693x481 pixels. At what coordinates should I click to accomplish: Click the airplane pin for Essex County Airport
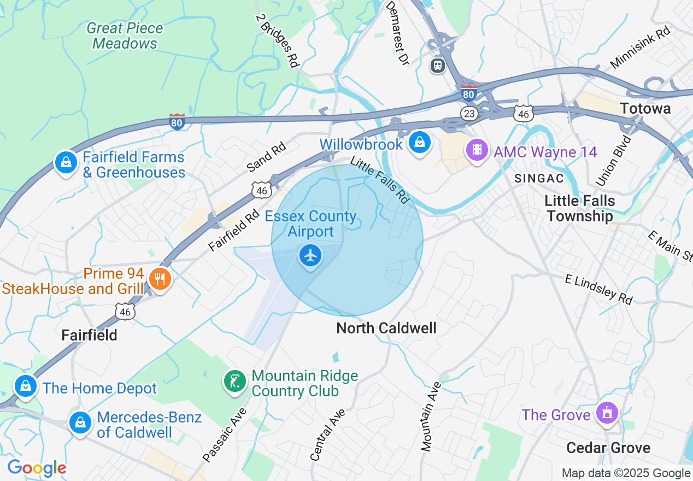310,256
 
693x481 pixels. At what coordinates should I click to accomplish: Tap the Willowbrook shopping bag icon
419,143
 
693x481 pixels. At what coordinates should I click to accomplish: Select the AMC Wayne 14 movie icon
477,150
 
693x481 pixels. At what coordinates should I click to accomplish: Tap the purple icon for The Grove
607,413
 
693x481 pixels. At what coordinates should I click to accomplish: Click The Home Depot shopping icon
25,386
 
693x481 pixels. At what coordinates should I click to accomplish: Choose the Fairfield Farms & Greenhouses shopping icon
66,163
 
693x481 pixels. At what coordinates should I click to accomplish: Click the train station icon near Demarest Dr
437,66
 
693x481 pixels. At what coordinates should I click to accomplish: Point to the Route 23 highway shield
469,114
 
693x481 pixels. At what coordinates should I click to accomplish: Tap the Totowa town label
645,109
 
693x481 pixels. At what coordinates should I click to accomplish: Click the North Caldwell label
386,328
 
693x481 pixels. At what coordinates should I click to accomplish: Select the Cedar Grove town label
608,448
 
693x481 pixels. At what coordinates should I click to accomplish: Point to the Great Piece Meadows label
125,36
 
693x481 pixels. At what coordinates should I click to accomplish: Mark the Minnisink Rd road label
640,48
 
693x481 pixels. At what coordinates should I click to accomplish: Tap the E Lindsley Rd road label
598,289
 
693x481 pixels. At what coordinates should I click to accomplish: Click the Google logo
37,468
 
